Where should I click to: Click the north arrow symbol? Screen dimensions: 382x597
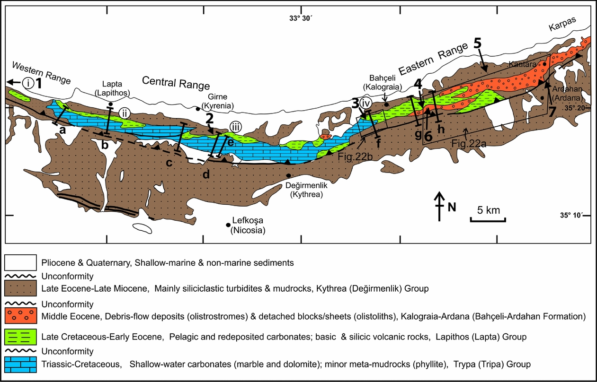[x=440, y=207]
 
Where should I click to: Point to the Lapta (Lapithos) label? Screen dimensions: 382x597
[x=112, y=88]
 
